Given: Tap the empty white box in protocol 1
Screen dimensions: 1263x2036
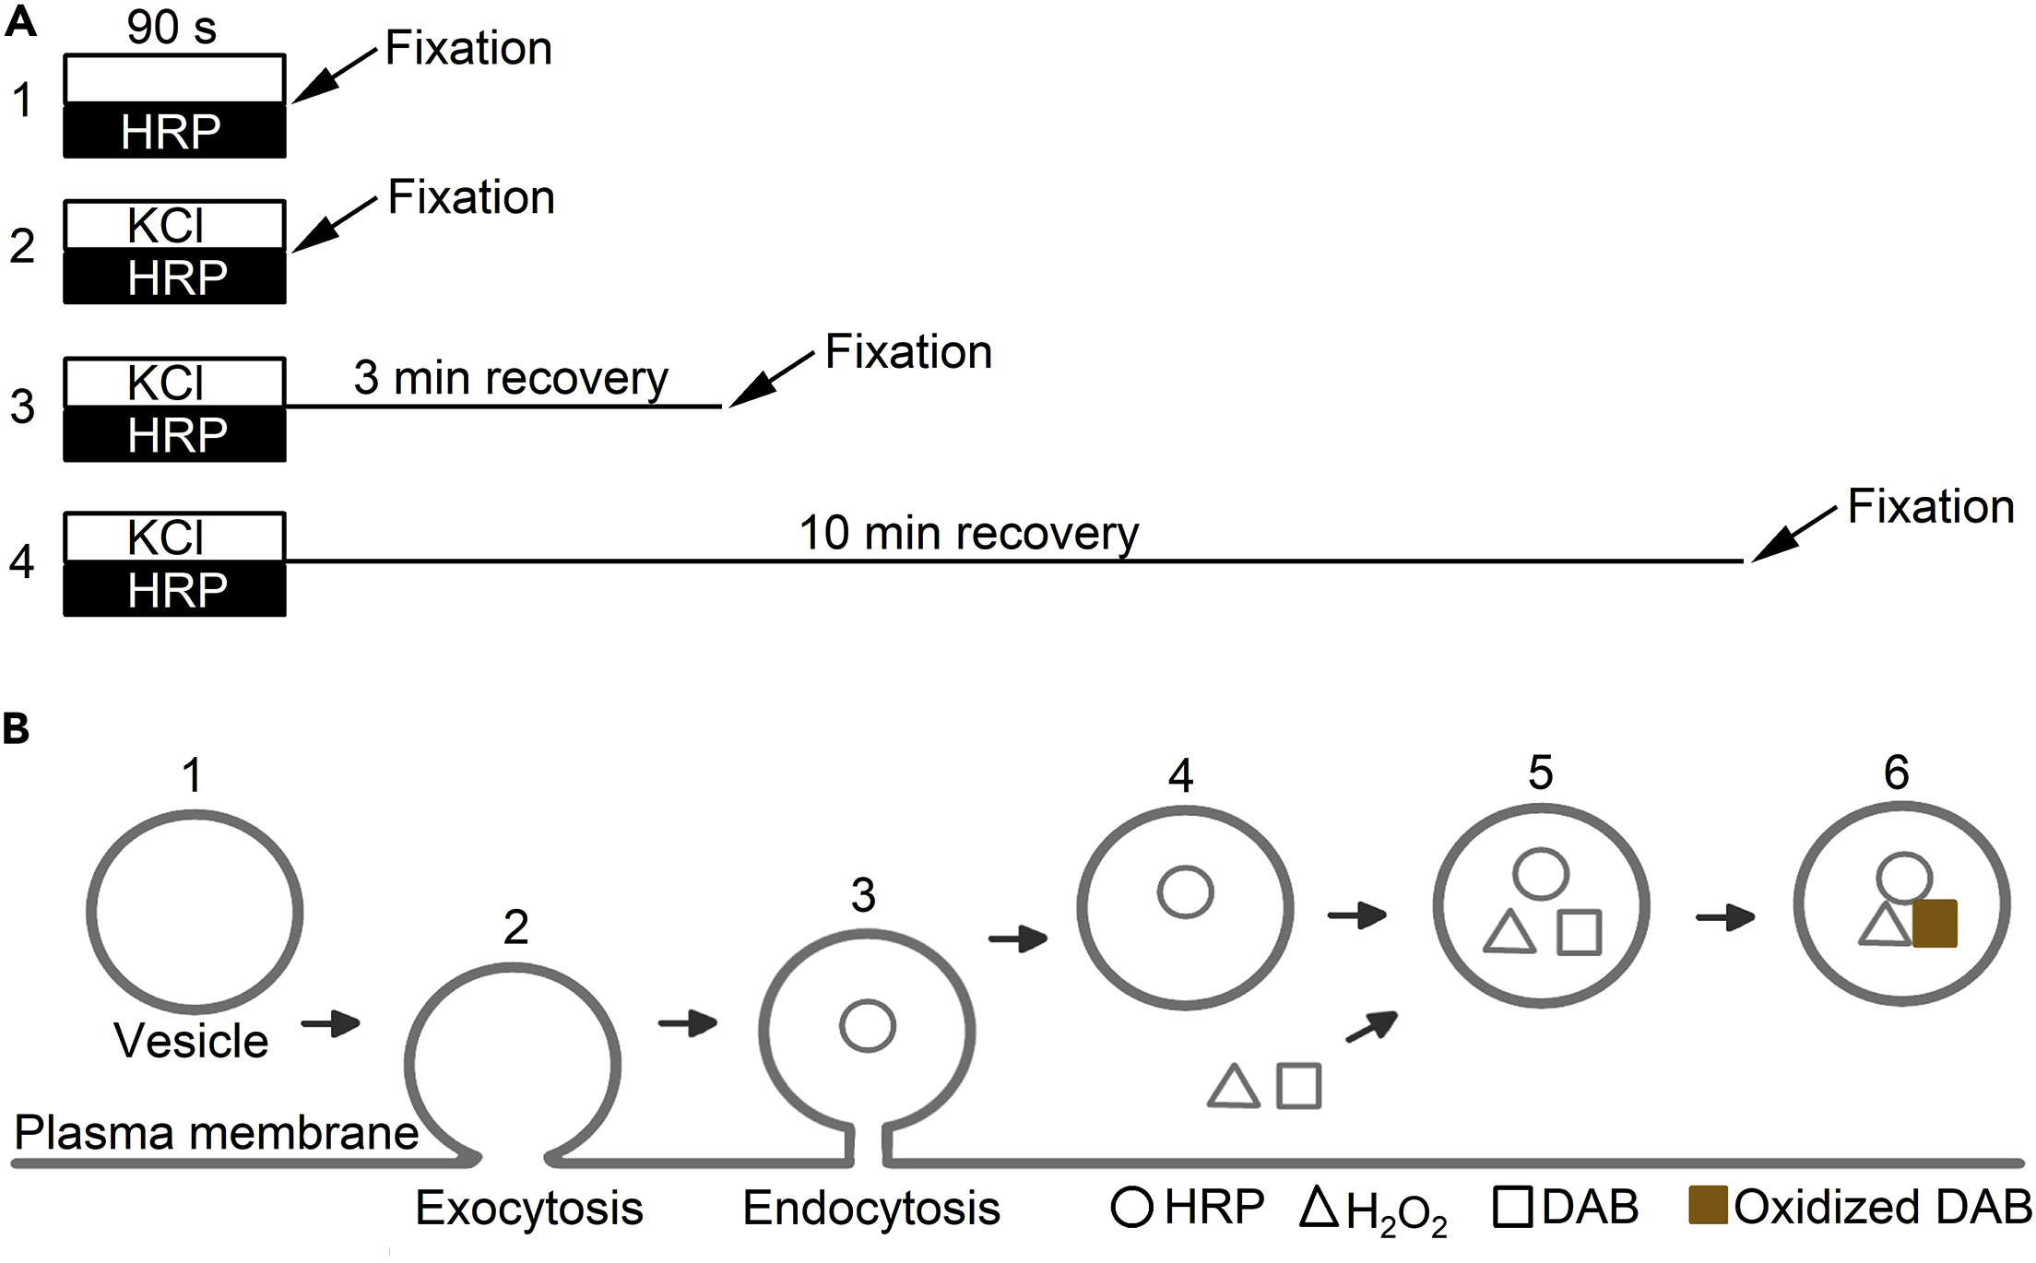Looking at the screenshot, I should click(x=174, y=79).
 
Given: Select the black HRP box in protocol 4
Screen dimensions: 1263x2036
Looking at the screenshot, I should click(x=174, y=589).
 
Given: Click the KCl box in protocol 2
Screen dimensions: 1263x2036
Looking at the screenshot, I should click(x=174, y=225).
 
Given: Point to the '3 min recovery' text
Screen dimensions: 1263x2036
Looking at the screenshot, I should click(x=510, y=378).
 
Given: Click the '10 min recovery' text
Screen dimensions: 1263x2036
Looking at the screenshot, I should click(x=968, y=533).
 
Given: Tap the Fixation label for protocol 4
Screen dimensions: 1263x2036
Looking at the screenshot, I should click(x=1931, y=506).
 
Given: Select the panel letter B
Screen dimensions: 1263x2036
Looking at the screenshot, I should click(x=16, y=728).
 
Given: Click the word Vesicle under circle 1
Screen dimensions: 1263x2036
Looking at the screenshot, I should click(x=191, y=1041).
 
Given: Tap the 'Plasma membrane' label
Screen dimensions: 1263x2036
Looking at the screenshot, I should click(x=216, y=1132).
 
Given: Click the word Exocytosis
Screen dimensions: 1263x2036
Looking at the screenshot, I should click(x=528, y=1208).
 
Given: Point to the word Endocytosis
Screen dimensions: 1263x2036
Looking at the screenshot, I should click(x=871, y=1208).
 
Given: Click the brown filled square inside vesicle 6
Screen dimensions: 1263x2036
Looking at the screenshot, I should click(x=1935, y=924).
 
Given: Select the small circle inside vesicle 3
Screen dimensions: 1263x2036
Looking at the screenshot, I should click(x=867, y=1026).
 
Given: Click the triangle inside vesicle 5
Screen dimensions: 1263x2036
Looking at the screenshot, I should click(x=1509, y=933).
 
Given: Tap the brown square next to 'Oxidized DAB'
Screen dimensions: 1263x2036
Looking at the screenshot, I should click(x=1707, y=1205).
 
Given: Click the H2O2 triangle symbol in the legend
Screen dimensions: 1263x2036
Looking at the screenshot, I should click(x=1319, y=1207).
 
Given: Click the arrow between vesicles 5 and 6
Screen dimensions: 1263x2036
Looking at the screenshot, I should click(x=1724, y=917).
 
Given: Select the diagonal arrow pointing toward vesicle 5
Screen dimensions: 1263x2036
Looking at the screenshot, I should click(x=1372, y=1026).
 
